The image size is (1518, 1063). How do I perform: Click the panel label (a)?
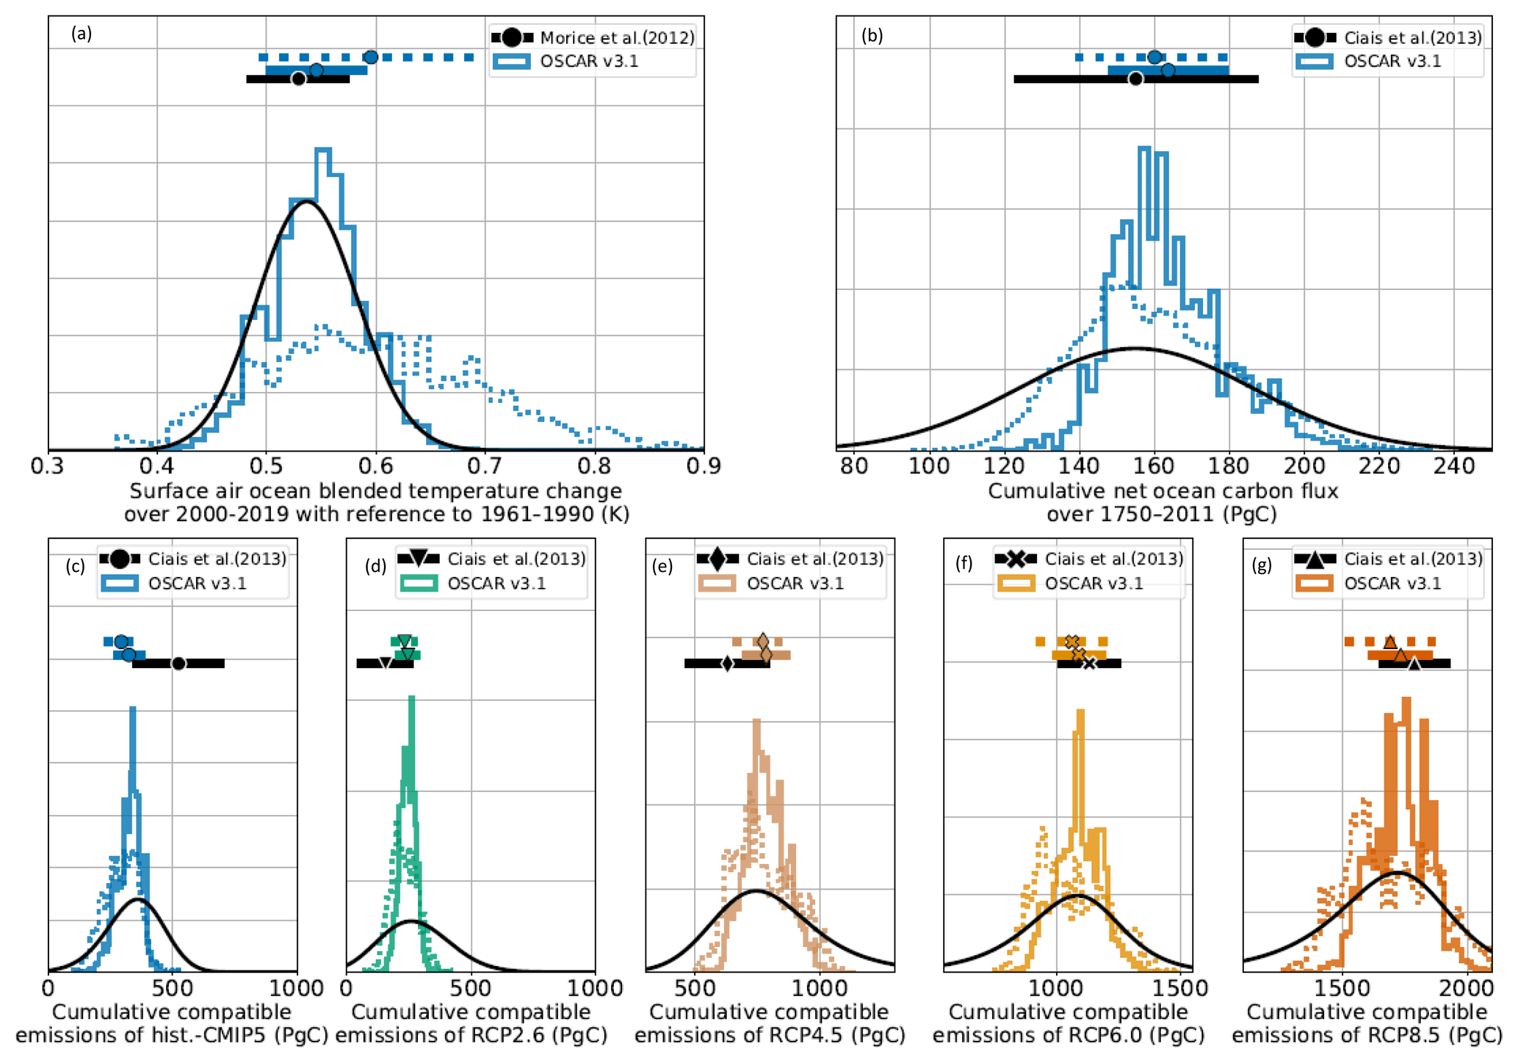coord(82,33)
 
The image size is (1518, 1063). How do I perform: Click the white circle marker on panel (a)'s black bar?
coord(298,79)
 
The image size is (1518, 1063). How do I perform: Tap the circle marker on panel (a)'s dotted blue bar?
coord(371,57)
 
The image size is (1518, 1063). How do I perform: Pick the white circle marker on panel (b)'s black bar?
coord(1135,79)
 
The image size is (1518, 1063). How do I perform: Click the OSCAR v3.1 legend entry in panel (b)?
coord(1392,61)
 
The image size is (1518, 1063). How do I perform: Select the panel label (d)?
coord(375,565)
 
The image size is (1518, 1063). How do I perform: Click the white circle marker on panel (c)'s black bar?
coord(178,664)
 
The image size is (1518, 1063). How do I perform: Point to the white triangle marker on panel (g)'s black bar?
coord(1414,664)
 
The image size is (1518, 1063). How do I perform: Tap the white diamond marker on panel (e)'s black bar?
coord(727,664)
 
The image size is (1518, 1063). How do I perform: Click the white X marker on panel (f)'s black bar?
coord(1089,664)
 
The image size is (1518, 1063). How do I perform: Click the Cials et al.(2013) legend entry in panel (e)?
coord(814,559)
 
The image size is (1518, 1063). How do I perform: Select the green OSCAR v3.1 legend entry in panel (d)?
coord(496,584)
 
